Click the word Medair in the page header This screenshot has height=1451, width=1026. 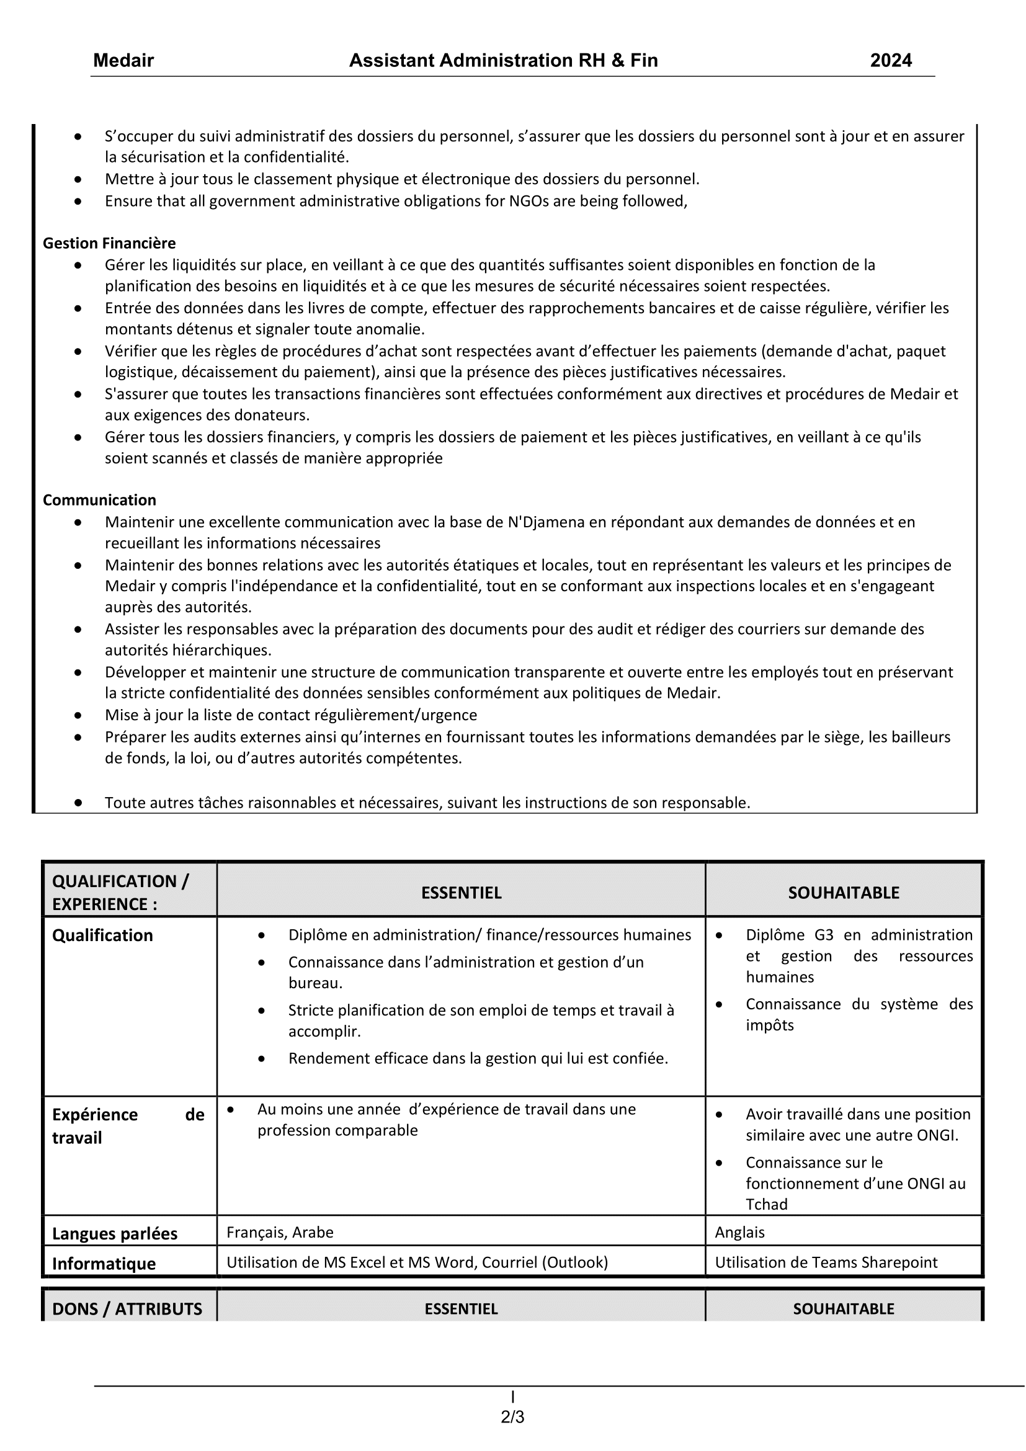(x=123, y=61)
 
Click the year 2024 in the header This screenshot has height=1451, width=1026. (x=891, y=61)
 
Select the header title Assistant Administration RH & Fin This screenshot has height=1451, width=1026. (x=504, y=61)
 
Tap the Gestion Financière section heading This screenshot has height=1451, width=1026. (x=109, y=243)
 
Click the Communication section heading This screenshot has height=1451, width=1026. (x=99, y=500)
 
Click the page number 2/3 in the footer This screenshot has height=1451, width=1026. (x=512, y=1418)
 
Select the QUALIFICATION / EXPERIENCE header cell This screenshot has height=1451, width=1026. (x=120, y=892)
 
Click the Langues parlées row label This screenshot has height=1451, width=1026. (x=114, y=1234)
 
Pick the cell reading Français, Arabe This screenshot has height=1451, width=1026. (x=280, y=1233)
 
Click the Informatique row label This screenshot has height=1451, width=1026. (x=104, y=1263)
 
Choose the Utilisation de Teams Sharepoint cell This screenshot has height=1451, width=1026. (x=826, y=1262)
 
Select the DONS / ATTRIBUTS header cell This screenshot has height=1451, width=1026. (x=127, y=1308)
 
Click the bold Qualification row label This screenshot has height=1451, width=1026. (x=102, y=935)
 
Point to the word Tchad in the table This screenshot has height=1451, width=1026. (x=766, y=1205)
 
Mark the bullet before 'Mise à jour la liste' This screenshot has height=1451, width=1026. (x=78, y=715)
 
